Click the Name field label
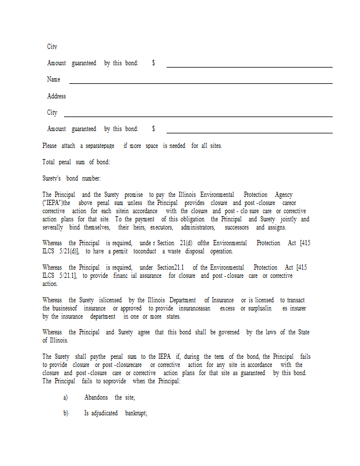pos(54,79)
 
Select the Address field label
pos(57,96)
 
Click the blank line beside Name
pos(200,83)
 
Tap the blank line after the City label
pos(197,116)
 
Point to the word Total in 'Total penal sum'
pos(50,162)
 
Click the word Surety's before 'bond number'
pos(52,178)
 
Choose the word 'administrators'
pos(198,228)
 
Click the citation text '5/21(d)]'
pos(68,251)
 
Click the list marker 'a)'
pos(65,397)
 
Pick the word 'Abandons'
pos(97,397)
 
